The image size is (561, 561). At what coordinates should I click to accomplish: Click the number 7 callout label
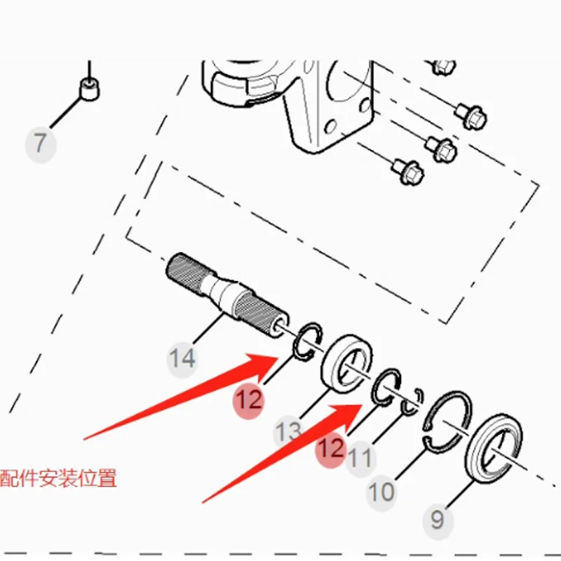[x=40, y=144]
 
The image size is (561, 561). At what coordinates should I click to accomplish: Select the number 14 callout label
[x=182, y=359]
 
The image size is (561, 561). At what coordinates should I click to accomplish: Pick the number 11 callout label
[x=360, y=459]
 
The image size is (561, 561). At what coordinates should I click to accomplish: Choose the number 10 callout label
[x=382, y=492]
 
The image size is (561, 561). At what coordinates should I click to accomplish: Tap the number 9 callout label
[x=438, y=520]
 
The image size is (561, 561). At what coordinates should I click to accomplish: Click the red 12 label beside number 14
[x=248, y=400]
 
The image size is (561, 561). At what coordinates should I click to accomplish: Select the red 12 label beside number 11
[x=331, y=448]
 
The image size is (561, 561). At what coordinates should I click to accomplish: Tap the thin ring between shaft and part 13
[x=307, y=342]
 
